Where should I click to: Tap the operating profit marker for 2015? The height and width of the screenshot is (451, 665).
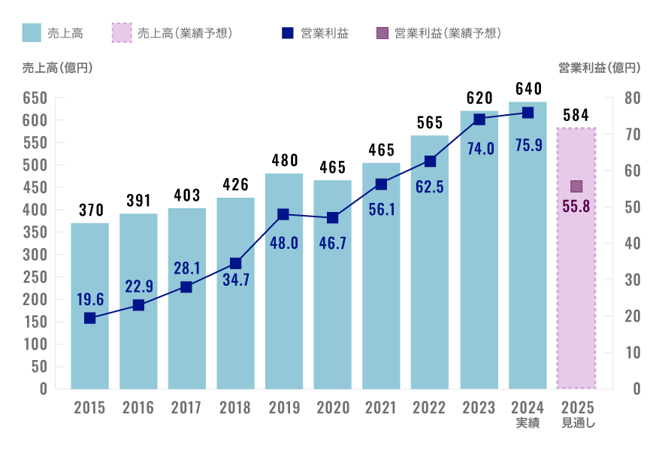(x=90, y=318)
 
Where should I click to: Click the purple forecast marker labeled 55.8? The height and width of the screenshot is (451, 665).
(x=576, y=186)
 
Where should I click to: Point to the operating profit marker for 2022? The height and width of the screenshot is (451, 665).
(x=430, y=162)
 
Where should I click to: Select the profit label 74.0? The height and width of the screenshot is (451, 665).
(x=479, y=148)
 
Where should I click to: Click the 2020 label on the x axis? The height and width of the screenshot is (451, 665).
(x=333, y=408)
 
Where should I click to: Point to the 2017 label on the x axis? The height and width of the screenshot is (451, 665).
(x=186, y=408)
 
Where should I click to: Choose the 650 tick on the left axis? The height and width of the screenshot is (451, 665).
(x=35, y=98)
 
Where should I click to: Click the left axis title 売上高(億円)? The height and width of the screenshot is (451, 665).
(x=58, y=68)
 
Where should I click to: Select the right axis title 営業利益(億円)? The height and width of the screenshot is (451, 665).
(x=600, y=68)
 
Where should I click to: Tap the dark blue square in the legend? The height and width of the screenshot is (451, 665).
(x=287, y=33)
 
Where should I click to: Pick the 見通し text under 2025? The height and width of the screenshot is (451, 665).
(x=577, y=424)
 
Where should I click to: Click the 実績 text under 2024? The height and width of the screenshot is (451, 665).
(x=527, y=424)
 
